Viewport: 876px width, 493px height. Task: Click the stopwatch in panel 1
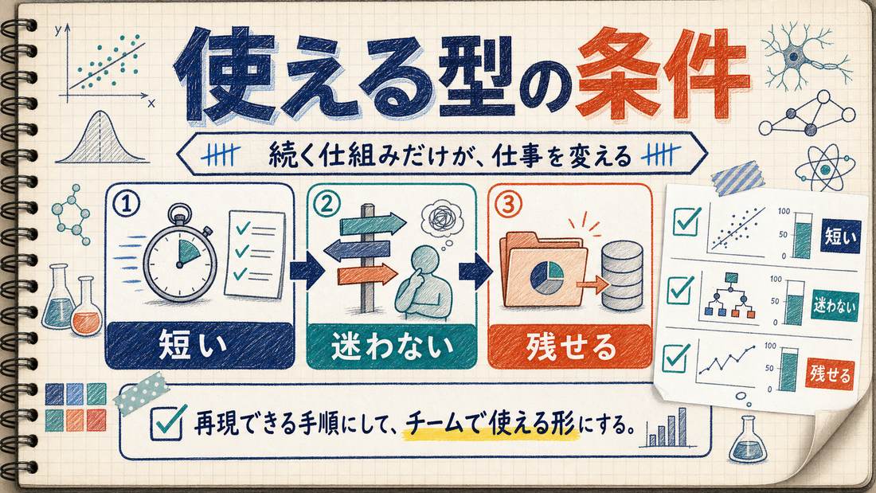coord(180,258)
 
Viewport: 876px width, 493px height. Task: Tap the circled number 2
coord(327,205)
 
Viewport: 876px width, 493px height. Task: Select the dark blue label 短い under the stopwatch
coord(199,345)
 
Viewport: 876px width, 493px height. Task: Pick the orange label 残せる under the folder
coord(570,346)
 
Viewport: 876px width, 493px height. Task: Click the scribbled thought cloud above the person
coord(442,217)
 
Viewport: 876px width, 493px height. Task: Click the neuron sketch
coord(804,56)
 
